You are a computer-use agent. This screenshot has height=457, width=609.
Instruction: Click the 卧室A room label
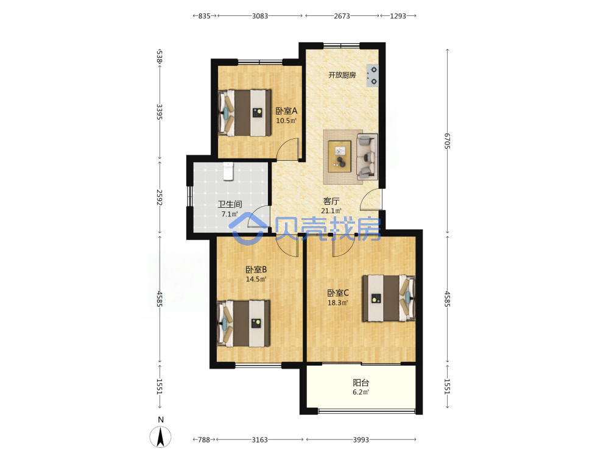(x=286, y=111)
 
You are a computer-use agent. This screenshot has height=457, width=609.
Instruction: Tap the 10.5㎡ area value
(x=286, y=121)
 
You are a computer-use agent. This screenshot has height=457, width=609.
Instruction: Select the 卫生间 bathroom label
(x=230, y=204)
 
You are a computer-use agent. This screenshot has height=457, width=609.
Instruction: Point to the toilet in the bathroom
(x=228, y=171)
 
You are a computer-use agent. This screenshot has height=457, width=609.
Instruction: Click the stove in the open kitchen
(x=372, y=76)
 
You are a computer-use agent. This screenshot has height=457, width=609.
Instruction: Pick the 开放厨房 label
(x=342, y=75)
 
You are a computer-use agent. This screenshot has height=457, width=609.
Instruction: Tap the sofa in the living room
(x=367, y=157)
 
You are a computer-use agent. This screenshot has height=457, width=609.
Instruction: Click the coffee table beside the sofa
(x=340, y=156)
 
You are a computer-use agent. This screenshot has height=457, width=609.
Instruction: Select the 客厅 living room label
(x=331, y=201)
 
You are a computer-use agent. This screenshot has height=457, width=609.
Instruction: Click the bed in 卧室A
(x=244, y=113)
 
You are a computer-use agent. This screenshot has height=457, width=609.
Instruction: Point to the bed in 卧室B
(x=244, y=324)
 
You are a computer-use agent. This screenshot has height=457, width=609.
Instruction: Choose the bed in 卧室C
(x=389, y=299)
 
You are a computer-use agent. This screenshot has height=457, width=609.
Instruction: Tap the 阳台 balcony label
(x=361, y=383)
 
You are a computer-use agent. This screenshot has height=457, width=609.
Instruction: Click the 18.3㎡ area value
(x=338, y=303)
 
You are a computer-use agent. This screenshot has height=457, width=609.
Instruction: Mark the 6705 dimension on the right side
(x=448, y=141)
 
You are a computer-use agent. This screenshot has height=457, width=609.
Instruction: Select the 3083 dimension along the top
(x=260, y=16)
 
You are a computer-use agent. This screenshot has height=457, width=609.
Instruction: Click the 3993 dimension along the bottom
(x=361, y=439)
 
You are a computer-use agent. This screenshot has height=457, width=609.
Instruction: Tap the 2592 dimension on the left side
(x=159, y=197)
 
